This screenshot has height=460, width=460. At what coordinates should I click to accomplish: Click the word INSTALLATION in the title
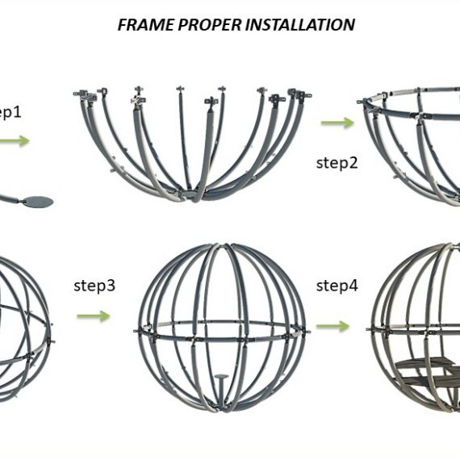[x=299, y=24]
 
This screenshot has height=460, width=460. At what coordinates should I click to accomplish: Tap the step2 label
[x=337, y=163]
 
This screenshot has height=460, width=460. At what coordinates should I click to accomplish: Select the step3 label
[x=94, y=286]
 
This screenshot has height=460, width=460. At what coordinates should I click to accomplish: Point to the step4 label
[x=337, y=286]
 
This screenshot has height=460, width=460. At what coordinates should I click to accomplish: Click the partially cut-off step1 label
[x=10, y=112]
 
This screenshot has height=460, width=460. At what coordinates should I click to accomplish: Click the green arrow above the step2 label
[x=337, y=123]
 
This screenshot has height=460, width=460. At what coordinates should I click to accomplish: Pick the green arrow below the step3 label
[x=94, y=316]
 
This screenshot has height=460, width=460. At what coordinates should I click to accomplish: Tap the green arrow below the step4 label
[x=333, y=326]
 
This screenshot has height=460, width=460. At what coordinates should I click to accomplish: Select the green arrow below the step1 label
[x=15, y=140]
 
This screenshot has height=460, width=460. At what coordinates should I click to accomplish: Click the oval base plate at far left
[x=39, y=202]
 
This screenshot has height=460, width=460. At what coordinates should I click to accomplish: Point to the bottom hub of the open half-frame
[x=191, y=195]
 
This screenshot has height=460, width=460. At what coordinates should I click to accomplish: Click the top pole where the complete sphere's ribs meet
[x=224, y=246]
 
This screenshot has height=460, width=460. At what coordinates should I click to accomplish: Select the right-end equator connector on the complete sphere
[x=306, y=332]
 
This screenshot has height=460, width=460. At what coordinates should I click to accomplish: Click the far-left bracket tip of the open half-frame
[x=76, y=94]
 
